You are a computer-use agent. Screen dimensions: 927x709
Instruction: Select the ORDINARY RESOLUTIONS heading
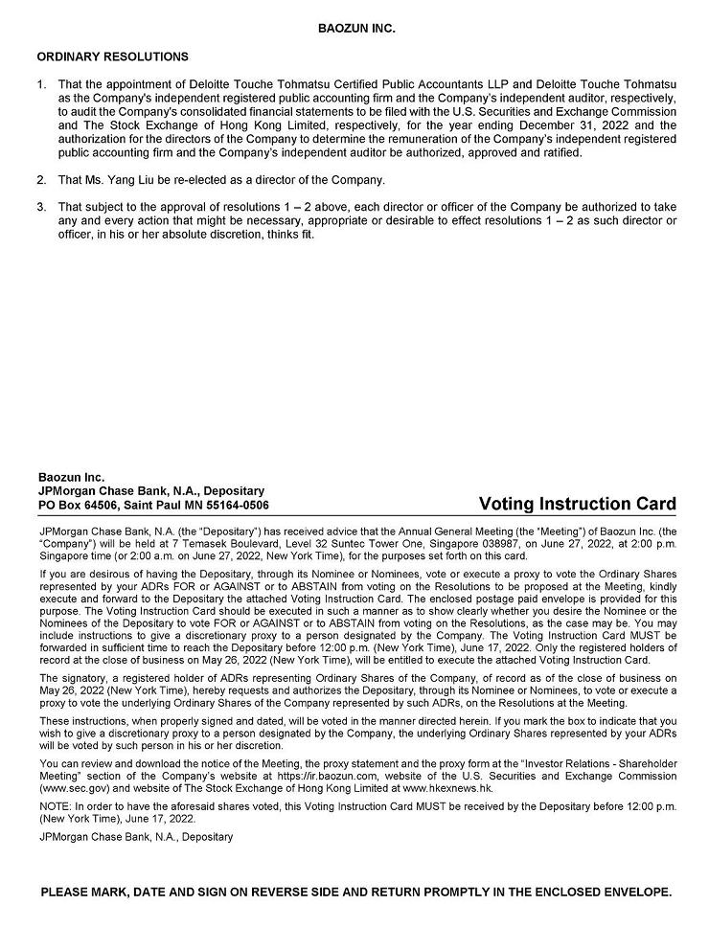(x=113, y=57)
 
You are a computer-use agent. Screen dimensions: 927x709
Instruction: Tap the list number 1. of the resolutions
(x=42, y=84)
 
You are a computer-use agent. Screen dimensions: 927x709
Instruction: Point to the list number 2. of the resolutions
(x=42, y=179)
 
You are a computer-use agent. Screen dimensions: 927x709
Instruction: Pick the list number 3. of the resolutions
(x=42, y=207)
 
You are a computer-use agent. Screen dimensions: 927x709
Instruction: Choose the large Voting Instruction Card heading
(x=577, y=504)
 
